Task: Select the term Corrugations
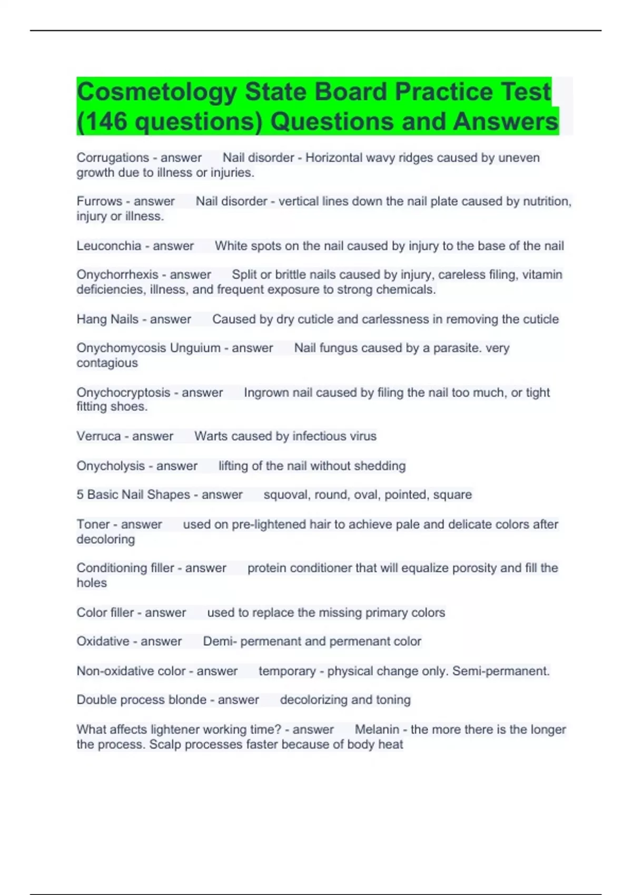click(113, 157)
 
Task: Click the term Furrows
click(99, 201)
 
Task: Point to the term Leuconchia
click(109, 246)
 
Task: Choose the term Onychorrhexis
click(117, 274)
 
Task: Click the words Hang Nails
click(107, 319)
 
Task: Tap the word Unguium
click(195, 348)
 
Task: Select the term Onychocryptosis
click(123, 392)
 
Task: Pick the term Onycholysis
click(111, 466)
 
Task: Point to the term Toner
click(93, 524)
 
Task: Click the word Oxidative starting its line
click(103, 641)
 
